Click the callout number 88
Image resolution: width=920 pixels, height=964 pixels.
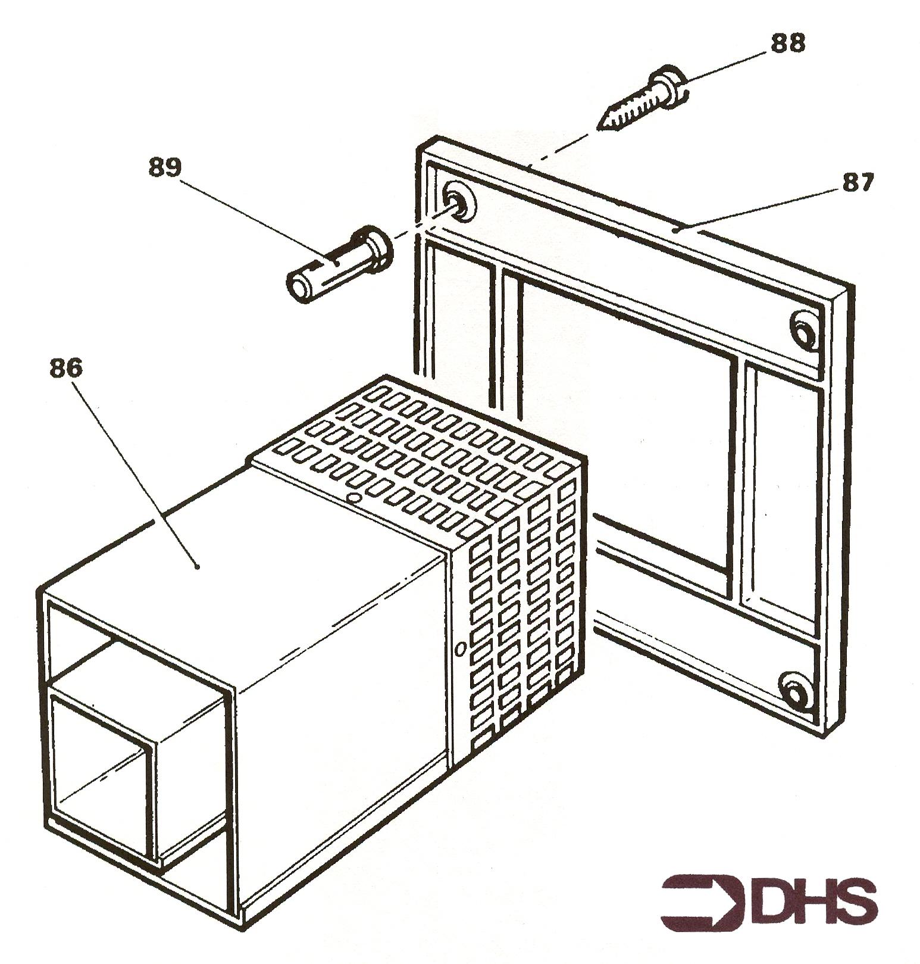click(x=787, y=43)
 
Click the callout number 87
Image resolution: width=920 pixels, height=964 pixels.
click(x=856, y=183)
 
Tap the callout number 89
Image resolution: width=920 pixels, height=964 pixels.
click(x=165, y=167)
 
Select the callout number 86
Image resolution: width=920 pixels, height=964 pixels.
click(x=65, y=369)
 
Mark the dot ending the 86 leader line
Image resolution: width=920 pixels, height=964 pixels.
click(x=197, y=567)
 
